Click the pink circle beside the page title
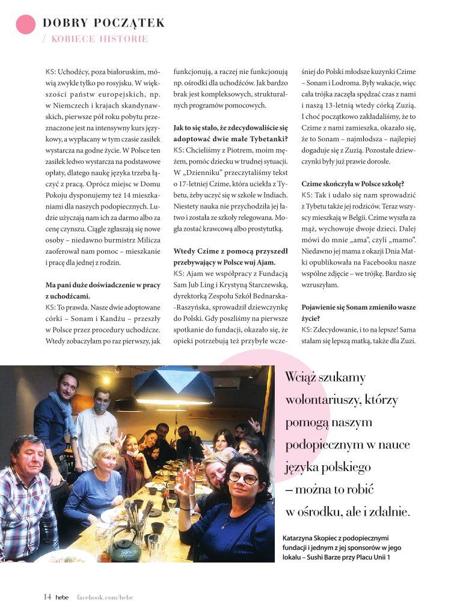click(x=25, y=24)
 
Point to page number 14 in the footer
click(x=47, y=597)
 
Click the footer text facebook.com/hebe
click(x=105, y=597)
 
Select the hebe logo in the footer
click(x=62, y=597)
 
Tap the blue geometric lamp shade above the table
click(x=174, y=385)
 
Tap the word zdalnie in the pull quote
click(x=388, y=512)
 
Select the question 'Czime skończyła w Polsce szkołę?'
click(x=353, y=184)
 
